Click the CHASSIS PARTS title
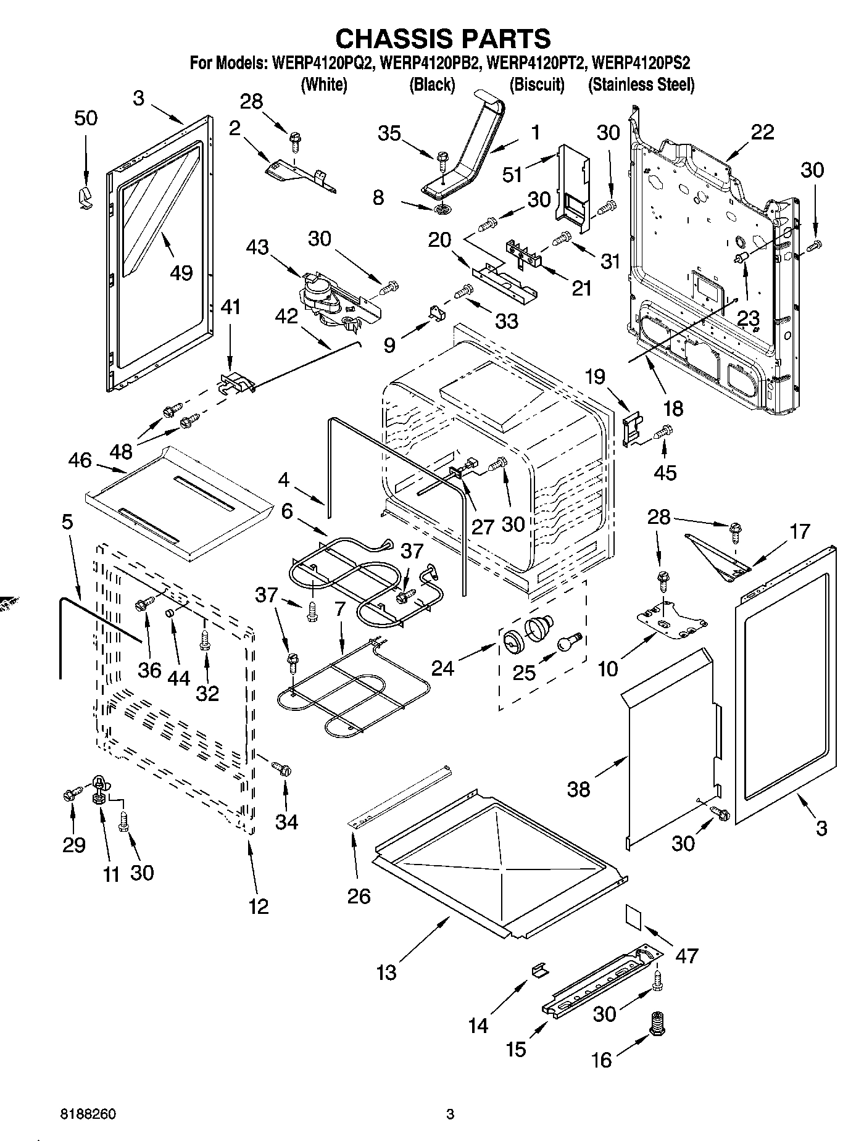click(442, 38)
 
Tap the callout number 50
click(86, 118)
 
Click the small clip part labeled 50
click(85, 198)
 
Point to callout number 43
click(257, 247)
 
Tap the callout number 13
click(387, 973)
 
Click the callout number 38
click(578, 789)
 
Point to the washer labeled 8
click(440, 210)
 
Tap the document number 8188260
click(88, 1114)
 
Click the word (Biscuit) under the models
click(537, 85)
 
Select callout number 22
click(762, 132)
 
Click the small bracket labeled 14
click(538, 969)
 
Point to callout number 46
click(80, 460)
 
